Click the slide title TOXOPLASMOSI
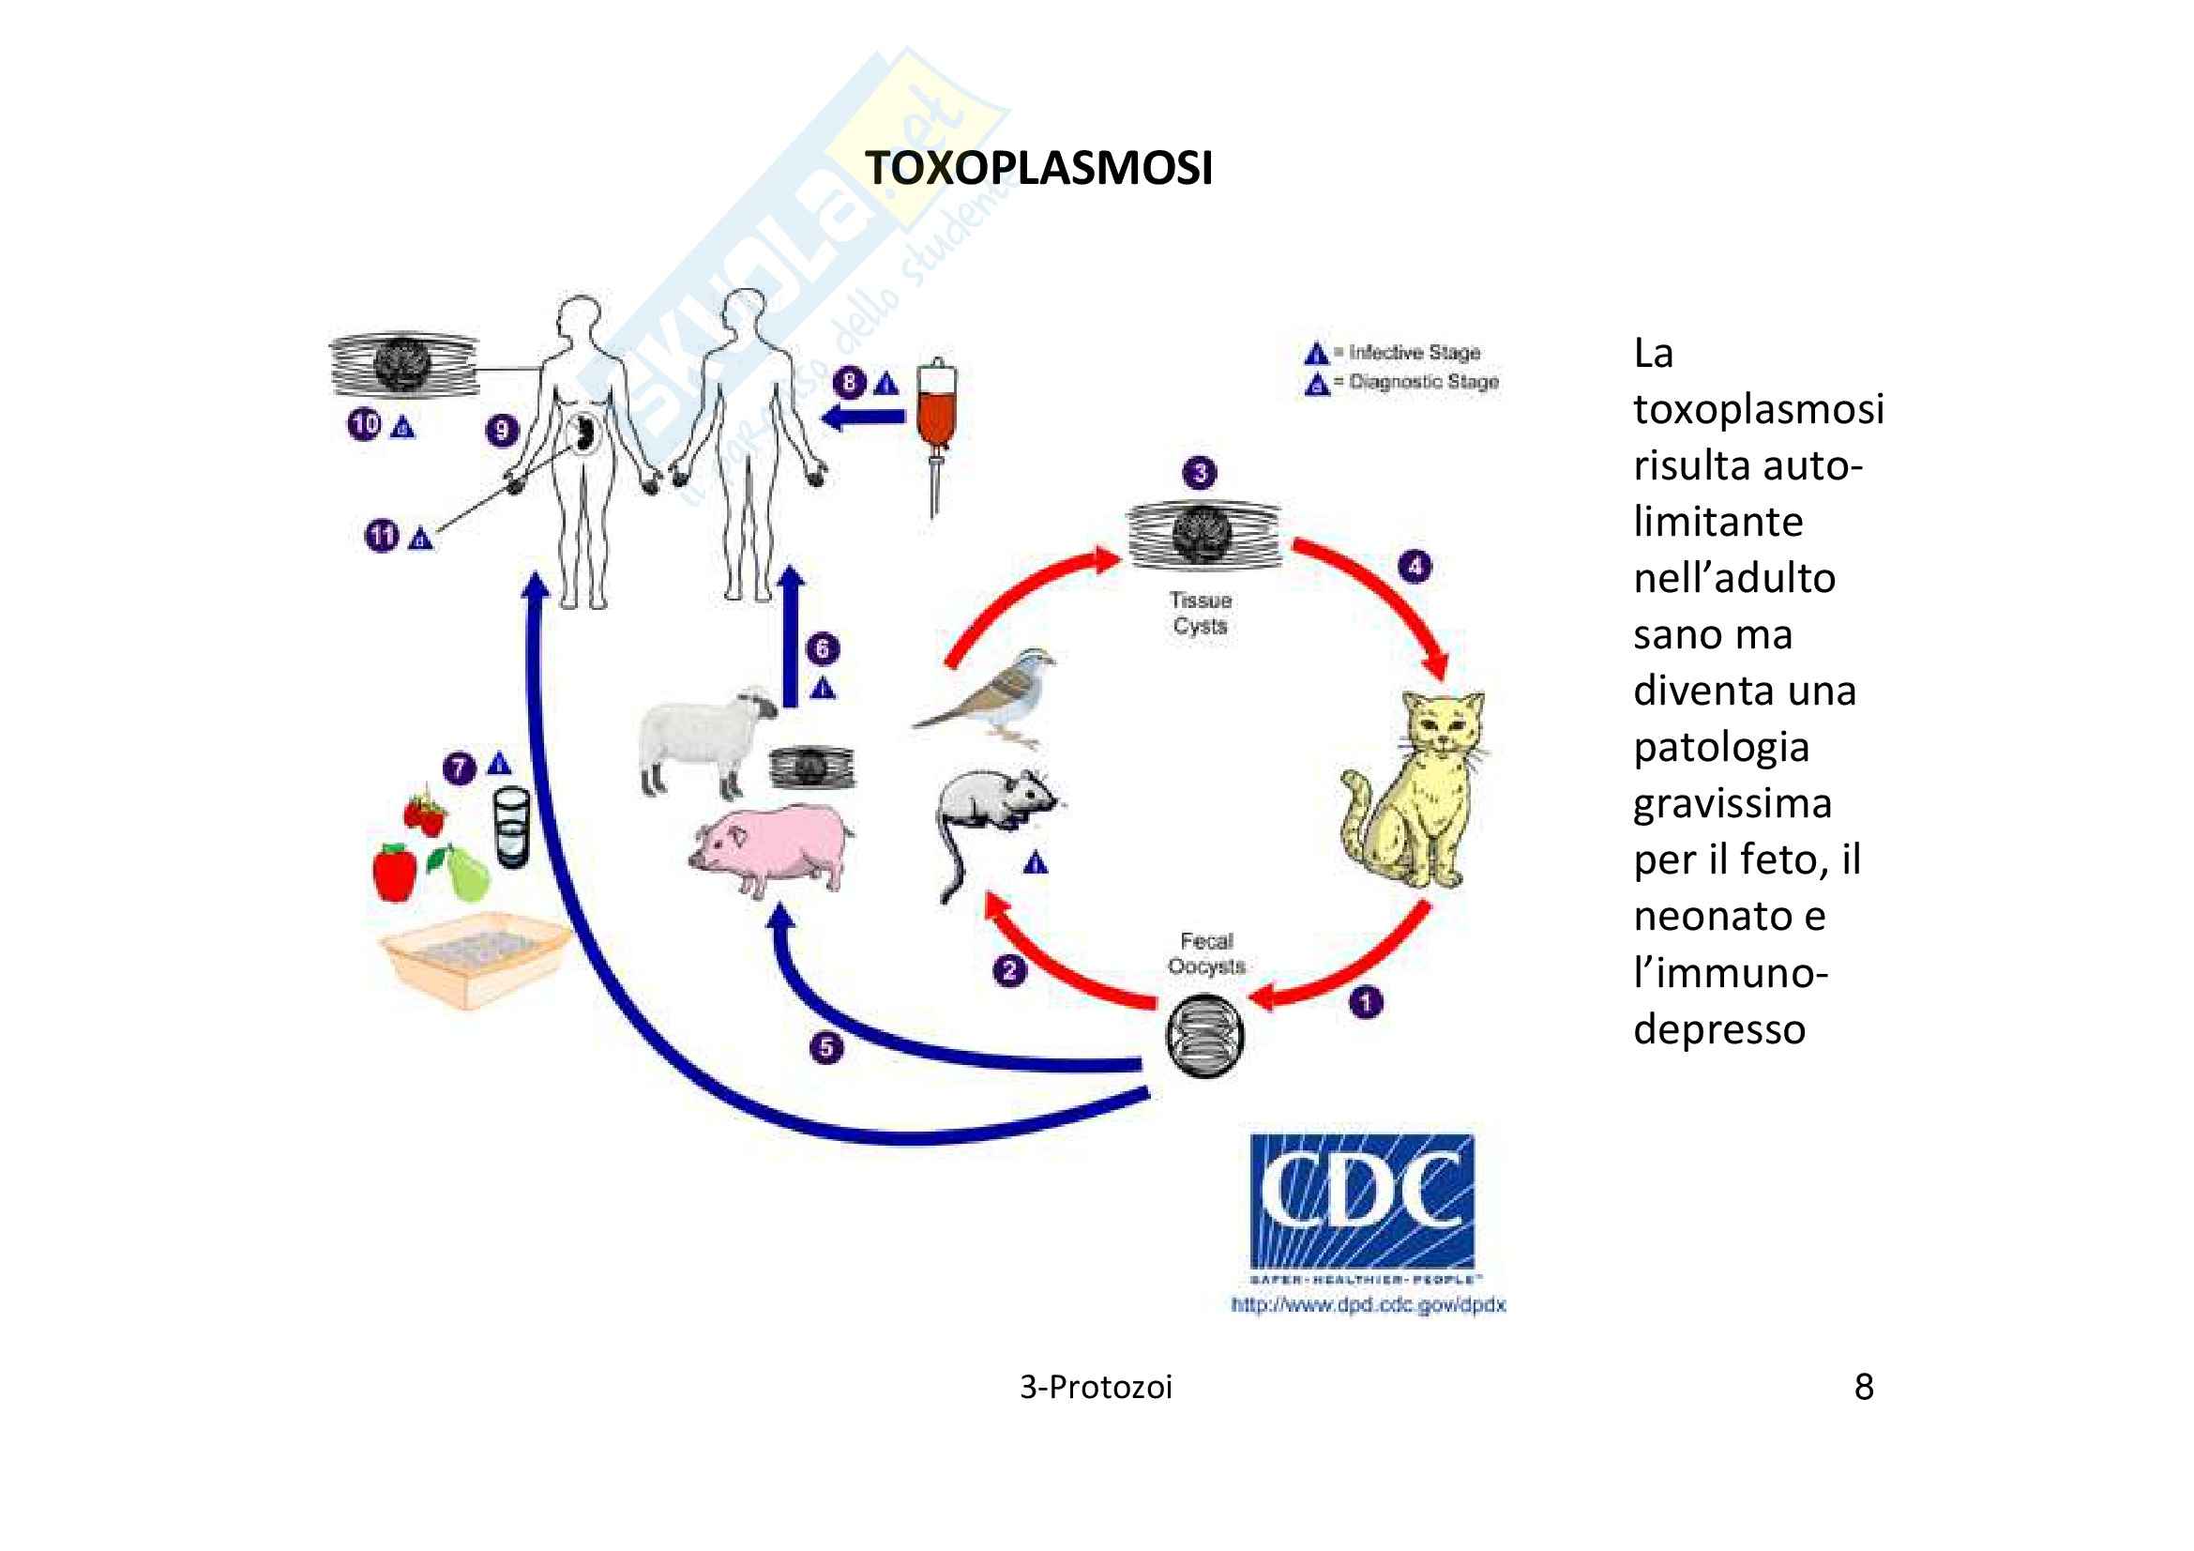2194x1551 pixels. click(1038, 168)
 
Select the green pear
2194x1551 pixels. click(464, 872)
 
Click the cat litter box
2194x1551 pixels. click(476, 958)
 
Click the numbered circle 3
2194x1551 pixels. click(1201, 473)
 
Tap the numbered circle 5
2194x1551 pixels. click(825, 1048)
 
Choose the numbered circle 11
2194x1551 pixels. click(381, 535)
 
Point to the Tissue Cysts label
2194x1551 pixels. click(1201, 613)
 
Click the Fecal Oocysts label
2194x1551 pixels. click(1206, 952)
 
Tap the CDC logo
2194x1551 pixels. click(1362, 1201)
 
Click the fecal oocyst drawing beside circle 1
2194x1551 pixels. click(1205, 1035)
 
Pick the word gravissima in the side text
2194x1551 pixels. click(1733, 803)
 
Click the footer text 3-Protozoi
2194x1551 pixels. click(1096, 1387)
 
